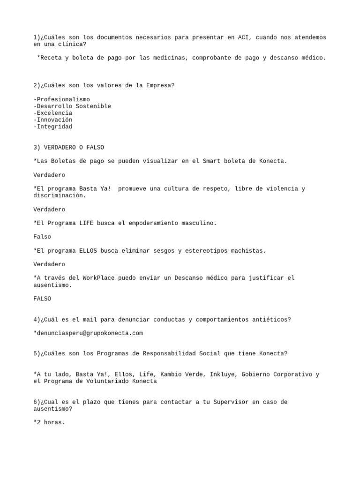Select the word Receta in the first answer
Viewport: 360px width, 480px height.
coord(51,58)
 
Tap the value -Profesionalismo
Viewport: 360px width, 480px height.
coord(61,100)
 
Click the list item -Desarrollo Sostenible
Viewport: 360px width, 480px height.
coord(72,106)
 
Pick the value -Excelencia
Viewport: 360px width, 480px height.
coord(53,113)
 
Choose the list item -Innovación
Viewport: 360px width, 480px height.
coord(53,120)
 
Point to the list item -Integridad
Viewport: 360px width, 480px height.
coord(53,127)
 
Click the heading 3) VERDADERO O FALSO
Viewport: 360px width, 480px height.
coord(68,148)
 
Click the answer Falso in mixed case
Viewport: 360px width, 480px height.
coord(42,237)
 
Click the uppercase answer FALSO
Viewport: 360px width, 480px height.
coord(42,299)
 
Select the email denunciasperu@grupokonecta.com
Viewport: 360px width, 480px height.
coord(88,333)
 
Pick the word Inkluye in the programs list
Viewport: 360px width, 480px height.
coord(222,375)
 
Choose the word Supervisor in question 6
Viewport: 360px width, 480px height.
coord(231,402)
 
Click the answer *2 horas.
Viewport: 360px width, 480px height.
coord(49,422)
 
